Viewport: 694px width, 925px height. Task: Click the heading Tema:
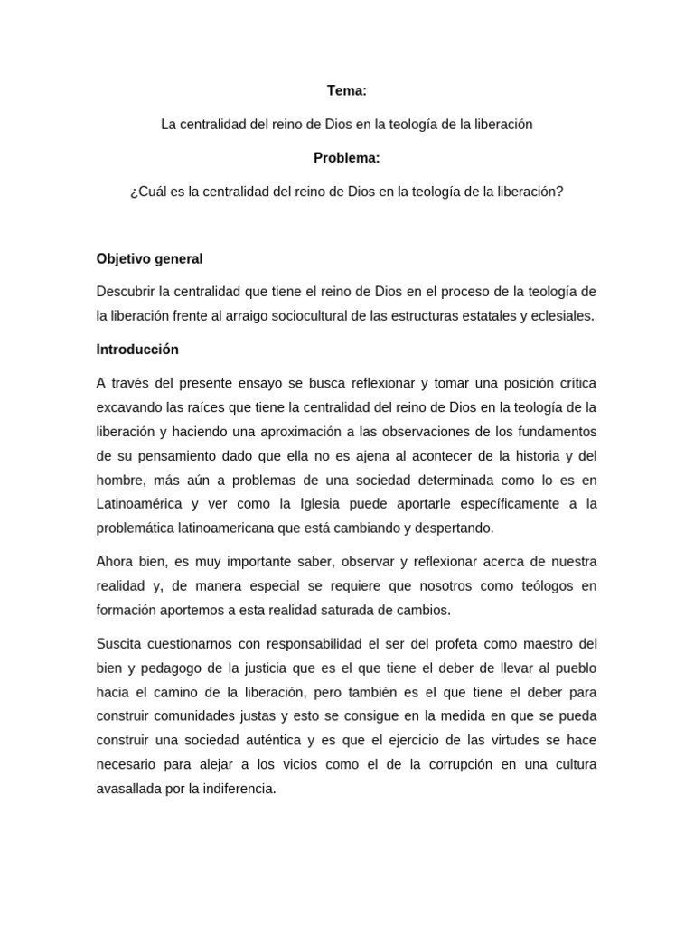346,90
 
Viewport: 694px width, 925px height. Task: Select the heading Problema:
346,158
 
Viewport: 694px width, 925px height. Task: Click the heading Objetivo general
149,258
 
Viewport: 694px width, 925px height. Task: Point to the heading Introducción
137,349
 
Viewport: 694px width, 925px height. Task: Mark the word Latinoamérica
140,503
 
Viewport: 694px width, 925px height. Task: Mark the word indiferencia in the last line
232,788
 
